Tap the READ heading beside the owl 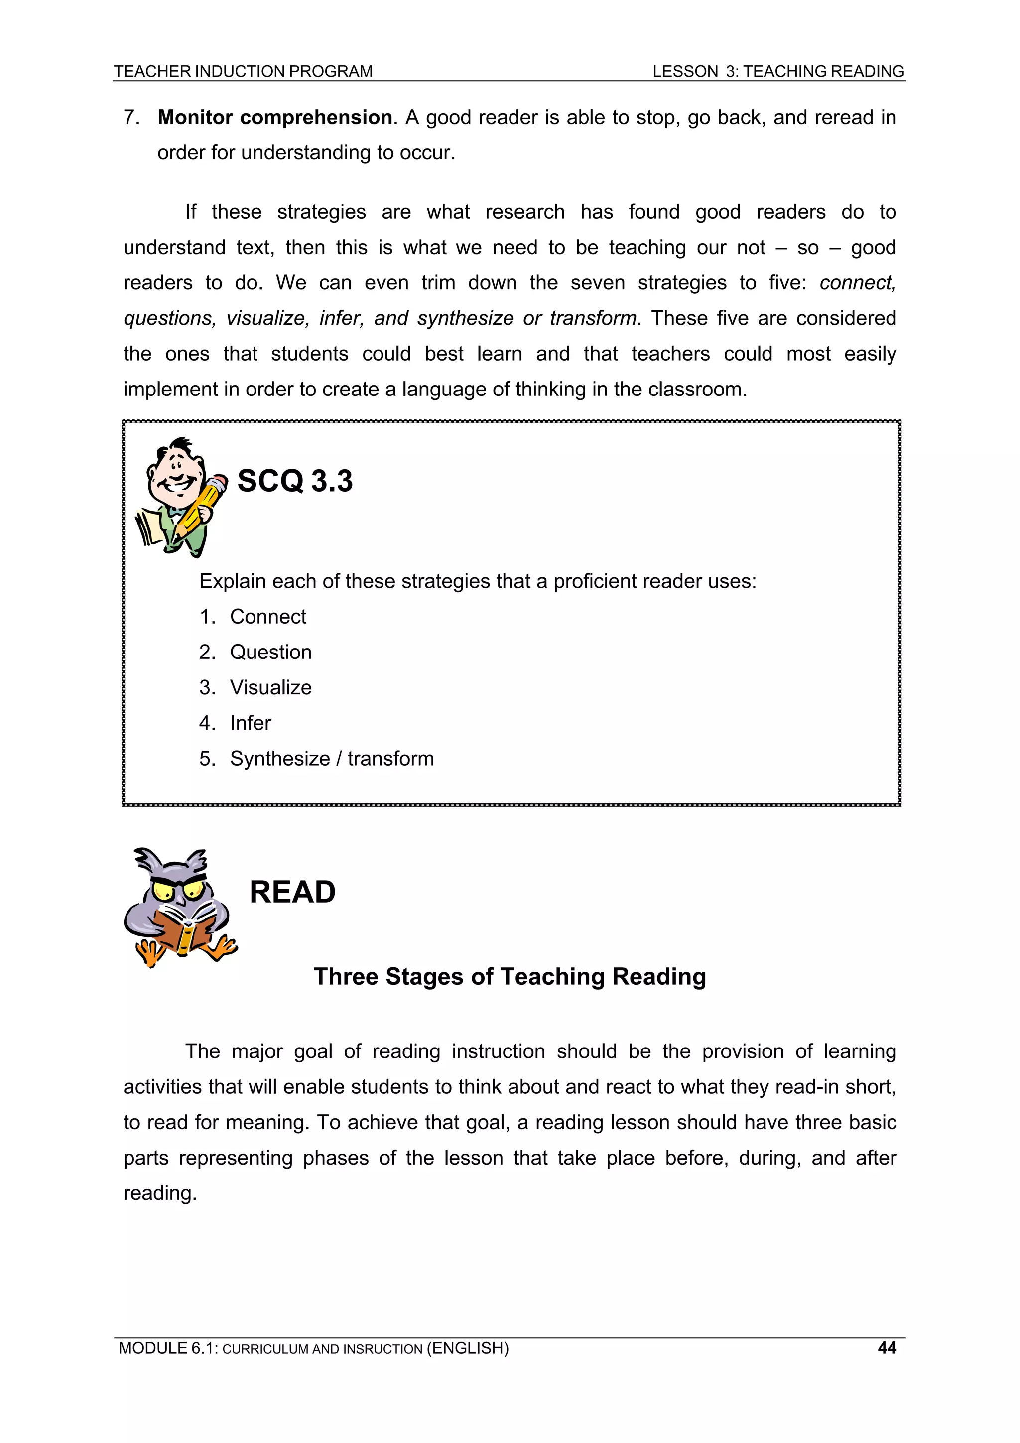(x=292, y=892)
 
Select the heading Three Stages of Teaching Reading (x=510, y=977)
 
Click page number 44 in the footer (x=887, y=1347)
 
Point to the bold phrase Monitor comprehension (x=274, y=118)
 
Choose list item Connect (x=268, y=617)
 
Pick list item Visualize (x=270, y=687)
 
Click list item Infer (x=250, y=723)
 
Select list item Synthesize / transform (x=331, y=759)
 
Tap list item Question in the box (x=270, y=653)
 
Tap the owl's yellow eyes (x=179, y=890)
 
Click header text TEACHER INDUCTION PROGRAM (x=243, y=72)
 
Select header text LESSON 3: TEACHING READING (x=778, y=72)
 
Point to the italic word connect (x=857, y=283)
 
